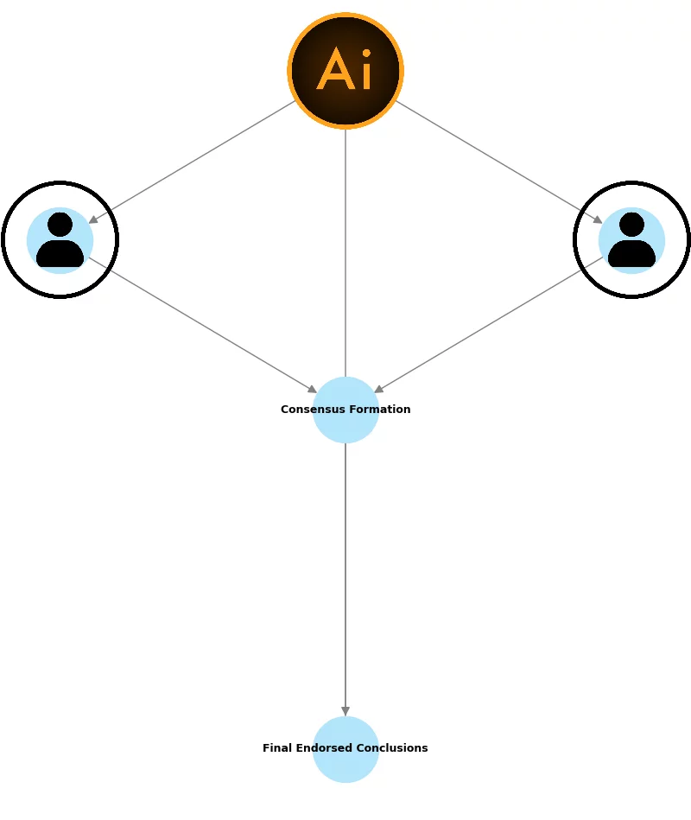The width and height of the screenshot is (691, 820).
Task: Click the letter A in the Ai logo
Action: [x=335, y=71]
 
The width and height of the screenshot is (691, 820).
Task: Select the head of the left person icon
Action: [x=60, y=225]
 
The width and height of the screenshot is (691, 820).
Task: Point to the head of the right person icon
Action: [x=631, y=225]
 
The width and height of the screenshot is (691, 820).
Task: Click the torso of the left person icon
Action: [x=60, y=254]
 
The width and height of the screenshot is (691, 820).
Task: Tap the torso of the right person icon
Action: [x=631, y=254]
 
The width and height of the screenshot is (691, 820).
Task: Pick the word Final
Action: [x=277, y=748]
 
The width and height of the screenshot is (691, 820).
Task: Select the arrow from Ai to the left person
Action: [x=192, y=162]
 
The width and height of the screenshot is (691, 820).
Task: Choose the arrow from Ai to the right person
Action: [x=499, y=162]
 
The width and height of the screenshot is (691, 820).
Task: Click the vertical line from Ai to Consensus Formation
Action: [x=345, y=251]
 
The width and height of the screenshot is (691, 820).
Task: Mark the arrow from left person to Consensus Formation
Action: [x=203, y=325]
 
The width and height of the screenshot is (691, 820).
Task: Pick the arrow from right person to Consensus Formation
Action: [x=488, y=325]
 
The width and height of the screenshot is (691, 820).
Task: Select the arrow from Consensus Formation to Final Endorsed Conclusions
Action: [x=345, y=579]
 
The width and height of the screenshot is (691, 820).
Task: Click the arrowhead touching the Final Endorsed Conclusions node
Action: [x=345, y=711]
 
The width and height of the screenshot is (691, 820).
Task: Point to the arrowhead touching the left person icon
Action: [x=93, y=219]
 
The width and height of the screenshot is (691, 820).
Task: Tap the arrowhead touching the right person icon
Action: [x=598, y=219]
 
